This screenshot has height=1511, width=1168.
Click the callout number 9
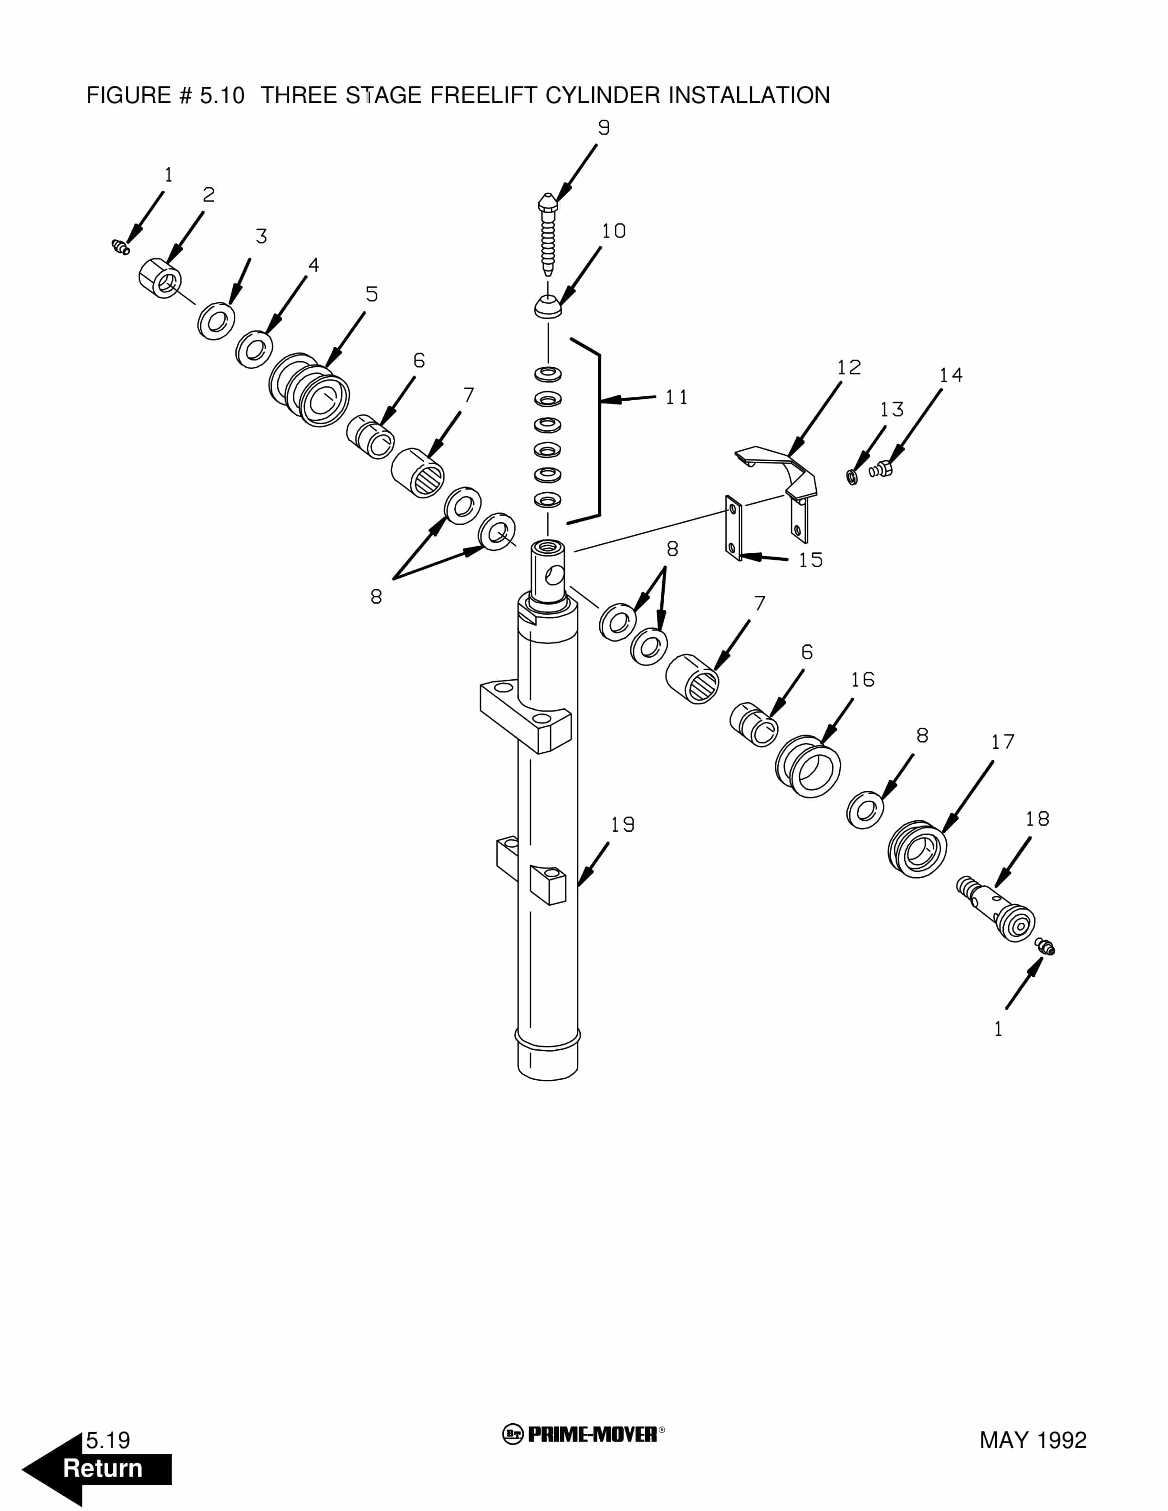[604, 128]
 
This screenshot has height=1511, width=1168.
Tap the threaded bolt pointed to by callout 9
[548, 235]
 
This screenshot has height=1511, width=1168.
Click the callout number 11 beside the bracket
[676, 397]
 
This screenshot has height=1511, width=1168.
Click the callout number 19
[622, 825]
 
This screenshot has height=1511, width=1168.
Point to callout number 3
[261, 237]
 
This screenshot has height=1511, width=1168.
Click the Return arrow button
[97, 1469]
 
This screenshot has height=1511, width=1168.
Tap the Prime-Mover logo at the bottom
[583, 1434]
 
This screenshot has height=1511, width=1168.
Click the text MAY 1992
[1032, 1440]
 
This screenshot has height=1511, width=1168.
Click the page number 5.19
[108, 1440]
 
